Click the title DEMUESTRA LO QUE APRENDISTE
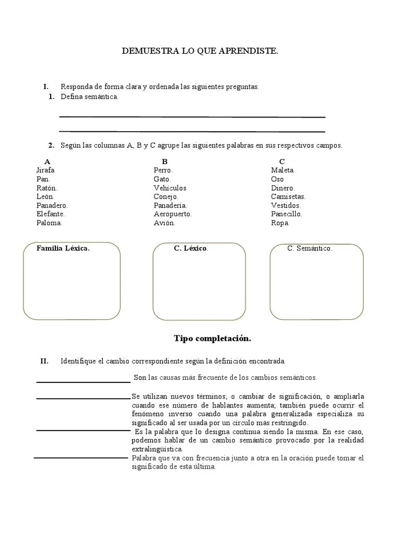(x=200, y=51)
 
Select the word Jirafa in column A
(x=45, y=170)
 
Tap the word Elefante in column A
(x=51, y=214)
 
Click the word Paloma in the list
(x=49, y=223)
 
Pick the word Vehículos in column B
(x=170, y=188)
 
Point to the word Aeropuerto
(x=173, y=214)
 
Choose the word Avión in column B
(x=164, y=223)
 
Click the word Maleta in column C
(x=283, y=170)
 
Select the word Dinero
(x=283, y=188)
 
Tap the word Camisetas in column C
(x=288, y=197)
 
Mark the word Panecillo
(x=287, y=214)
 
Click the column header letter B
(x=164, y=161)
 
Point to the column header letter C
(x=282, y=161)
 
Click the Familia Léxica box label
(x=63, y=249)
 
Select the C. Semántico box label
(x=310, y=249)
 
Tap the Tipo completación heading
(x=212, y=339)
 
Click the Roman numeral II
(x=44, y=361)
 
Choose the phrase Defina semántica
(x=90, y=97)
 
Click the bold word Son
(x=140, y=377)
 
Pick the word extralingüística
(x=157, y=449)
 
